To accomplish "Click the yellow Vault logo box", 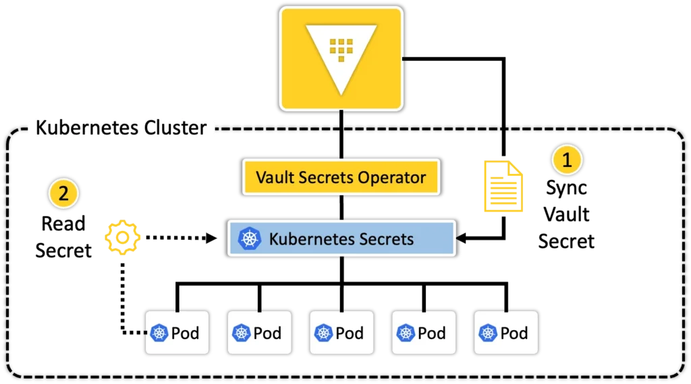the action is (x=341, y=59).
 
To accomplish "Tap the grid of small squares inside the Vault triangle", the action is (x=341, y=50).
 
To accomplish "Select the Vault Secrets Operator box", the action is (x=341, y=177).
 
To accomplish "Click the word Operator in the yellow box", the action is (x=392, y=178).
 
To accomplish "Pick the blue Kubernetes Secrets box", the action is (x=341, y=238).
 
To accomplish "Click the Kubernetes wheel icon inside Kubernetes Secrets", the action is (x=250, y=238).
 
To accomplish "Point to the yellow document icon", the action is (x=503, y=187).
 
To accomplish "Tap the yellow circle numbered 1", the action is (x=567, y=160).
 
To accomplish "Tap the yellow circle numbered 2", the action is (x=63, y=193).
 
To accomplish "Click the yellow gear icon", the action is (x=123, y=238).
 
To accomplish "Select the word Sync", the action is (x=566, y=188).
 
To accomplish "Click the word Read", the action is (x=63, y=224).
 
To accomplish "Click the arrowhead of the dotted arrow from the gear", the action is (x=211, y=238).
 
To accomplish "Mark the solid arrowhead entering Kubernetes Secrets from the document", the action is (x=462, y=238).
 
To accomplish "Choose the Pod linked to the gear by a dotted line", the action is (x=177, y=333).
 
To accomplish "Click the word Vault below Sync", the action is (x=566, y=215).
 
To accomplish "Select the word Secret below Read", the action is (x=63, y=251).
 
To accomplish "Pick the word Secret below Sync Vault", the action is (x=566, y=241).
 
